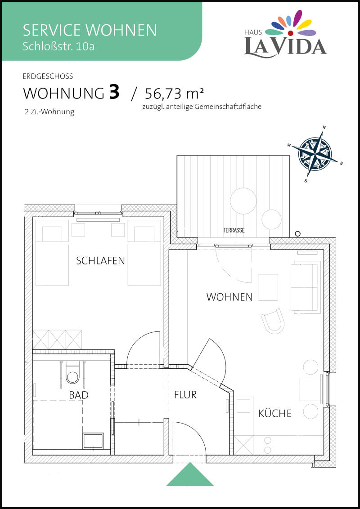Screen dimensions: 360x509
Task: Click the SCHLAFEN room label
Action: coord(100,261)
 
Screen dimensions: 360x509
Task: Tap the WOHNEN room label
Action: coord(229,297)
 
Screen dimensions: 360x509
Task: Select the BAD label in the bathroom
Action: coord(79,395)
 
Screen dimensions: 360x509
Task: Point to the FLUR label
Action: coord(185,395)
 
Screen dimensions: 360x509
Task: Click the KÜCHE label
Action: coord(275,413)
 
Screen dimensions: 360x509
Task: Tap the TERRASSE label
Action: coord(234,231)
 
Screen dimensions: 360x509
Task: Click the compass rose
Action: coord(315,153)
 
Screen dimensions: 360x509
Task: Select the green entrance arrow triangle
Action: coord(190,474)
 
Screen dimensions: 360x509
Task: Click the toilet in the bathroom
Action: coord(72,373)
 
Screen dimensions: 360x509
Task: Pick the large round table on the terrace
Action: coord(243,201)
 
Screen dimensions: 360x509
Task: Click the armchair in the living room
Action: coord(273,321)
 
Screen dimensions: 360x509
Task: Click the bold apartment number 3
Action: coord(114,92)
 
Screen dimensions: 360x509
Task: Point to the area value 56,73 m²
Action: coord(175,94)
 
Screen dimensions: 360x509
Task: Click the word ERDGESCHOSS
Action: coord(48,76)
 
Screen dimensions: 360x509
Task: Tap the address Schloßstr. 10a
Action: coord(59,46)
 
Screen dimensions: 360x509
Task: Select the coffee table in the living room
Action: coord(268,287)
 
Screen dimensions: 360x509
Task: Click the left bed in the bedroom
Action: coord(52,253)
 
